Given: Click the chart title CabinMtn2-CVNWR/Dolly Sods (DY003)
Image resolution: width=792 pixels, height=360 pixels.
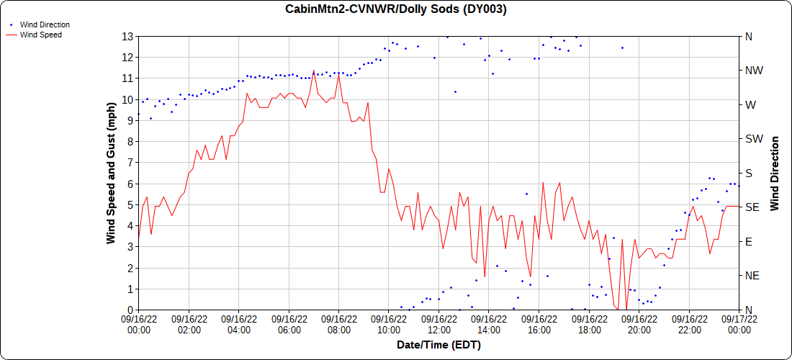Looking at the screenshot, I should point(396,9).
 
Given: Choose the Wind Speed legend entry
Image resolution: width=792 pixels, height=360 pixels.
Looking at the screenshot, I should point(40,34).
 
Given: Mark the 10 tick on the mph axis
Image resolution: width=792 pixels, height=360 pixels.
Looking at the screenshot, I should point(127,99).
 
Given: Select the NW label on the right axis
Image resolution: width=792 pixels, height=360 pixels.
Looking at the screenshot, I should point(753,71).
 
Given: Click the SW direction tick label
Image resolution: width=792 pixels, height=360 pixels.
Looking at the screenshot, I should point(753,139).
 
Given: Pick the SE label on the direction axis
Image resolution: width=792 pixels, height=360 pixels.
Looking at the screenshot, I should point(752,207).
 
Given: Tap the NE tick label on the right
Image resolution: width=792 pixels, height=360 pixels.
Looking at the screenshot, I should point(752,276).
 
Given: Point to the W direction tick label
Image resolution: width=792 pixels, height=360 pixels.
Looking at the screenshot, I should point(750,104).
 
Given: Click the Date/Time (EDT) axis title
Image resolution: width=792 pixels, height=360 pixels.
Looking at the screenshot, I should point(438,345).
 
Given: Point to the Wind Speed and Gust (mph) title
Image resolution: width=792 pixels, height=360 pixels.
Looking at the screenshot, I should point(112,173).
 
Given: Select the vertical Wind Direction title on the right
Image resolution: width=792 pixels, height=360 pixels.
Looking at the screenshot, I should point(775,173).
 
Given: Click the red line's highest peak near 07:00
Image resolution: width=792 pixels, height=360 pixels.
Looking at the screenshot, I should point(314,71).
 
